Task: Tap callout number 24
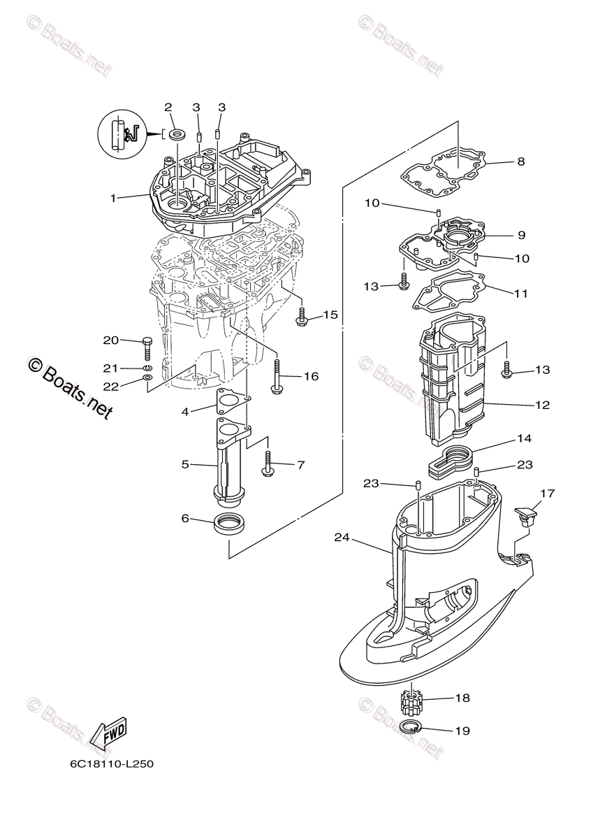tap(342, 538)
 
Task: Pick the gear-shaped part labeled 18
tap(411, 705)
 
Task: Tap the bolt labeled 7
tap(268, 464)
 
